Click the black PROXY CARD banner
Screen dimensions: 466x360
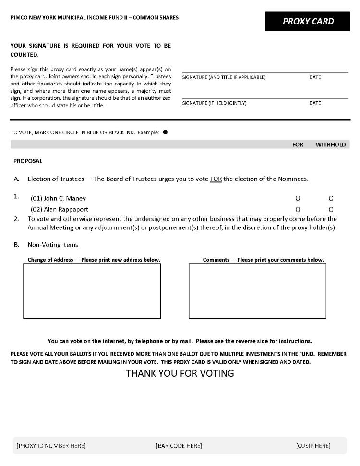coord(308,21)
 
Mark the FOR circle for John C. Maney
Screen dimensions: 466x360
coord(298,198)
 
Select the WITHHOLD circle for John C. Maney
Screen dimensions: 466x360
coord(331,198)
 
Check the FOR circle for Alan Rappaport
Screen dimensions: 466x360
coord(298,209)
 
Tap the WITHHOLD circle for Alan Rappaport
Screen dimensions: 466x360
coord(331,209)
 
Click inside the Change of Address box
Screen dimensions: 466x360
coord(92,291)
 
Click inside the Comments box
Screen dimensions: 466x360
coord(257,291)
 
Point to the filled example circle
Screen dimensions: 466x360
coord(166,132)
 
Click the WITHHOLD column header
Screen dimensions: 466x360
coord(331,144)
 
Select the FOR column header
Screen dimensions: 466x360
coord(298,144)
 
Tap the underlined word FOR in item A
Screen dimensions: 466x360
coord(216,179)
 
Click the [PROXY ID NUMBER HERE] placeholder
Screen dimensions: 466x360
coord(51,446)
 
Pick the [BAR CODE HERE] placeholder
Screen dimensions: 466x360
coord(179,446)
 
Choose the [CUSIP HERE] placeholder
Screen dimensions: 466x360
coord(313,446)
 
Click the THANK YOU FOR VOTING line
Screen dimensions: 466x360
coord(180,373)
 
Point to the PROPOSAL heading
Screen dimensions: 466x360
coord(28,161)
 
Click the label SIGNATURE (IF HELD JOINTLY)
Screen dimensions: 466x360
coord(214,103)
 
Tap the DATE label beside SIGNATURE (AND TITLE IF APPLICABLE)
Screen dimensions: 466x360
coord(315,77)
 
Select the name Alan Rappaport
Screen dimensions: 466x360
coord(66,209)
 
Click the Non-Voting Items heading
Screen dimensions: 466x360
coord(53,245)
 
